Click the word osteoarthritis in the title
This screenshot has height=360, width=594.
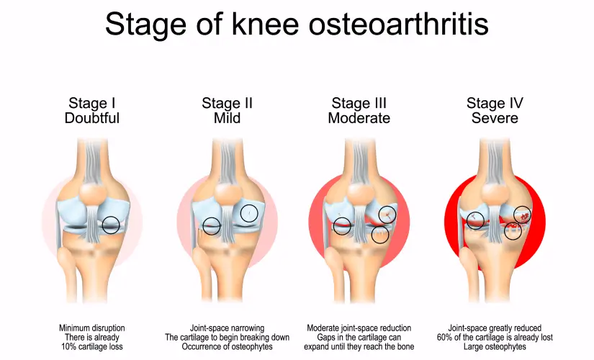point(399,24)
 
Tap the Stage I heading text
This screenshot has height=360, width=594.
point(91,103)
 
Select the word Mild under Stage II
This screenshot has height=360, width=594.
point(227,118)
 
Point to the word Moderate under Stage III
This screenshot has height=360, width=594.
point(359,118)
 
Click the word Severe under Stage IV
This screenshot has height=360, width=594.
point(495,118)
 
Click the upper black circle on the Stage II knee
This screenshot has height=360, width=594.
point(249,213)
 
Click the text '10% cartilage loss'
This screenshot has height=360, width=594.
point(92,346)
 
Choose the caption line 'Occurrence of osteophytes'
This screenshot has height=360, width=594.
point(227,346)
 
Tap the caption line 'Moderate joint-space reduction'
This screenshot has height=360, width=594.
point(359,328)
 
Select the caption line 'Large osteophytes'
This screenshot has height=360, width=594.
point(495,346)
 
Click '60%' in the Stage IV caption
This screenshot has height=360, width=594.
point(445,337)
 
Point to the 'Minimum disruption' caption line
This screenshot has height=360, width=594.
point(92,328)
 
